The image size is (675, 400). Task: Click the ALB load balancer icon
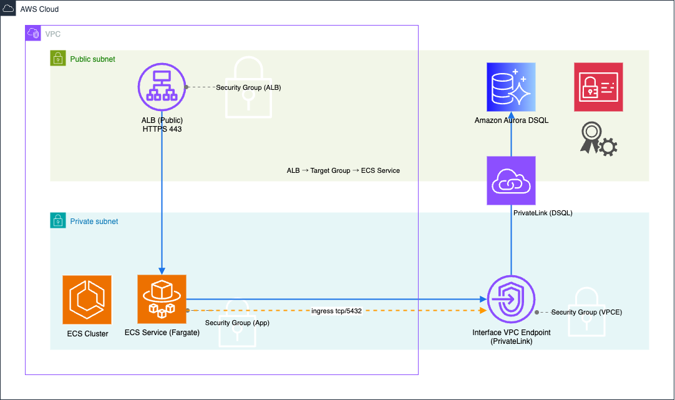[x=162, y=87]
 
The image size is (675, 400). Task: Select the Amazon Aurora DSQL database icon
[x=511, y=87]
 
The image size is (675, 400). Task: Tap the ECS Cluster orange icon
[x=87, y=300]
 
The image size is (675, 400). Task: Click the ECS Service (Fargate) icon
[x=162, y=300]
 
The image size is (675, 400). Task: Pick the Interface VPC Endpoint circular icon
[x=511, y=300]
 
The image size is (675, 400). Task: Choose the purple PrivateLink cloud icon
[x=511, y=180]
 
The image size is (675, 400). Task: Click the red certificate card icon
[x=598, y=87]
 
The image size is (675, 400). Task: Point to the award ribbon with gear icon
[x=598, y=139]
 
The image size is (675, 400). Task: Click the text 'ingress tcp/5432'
[x=337, y=310]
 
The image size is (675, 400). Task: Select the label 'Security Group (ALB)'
[x=248, y=87]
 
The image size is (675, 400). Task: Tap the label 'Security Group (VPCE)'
[x=586, y=311]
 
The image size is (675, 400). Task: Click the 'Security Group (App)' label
[x=237, y=323]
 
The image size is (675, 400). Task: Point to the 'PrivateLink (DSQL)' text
[x=543, y=213]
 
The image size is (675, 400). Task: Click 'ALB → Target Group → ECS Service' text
[x=343, y=170]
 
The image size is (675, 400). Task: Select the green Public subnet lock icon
[x=57, y=59]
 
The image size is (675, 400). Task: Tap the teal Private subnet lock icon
[x=57, y=221]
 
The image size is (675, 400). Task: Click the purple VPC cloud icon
[x=33, y=33]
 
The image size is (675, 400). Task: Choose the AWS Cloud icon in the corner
[x=8, y=9]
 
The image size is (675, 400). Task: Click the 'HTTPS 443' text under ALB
[x=162, y=129]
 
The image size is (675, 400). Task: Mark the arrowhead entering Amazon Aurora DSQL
[x=511, y=116]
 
